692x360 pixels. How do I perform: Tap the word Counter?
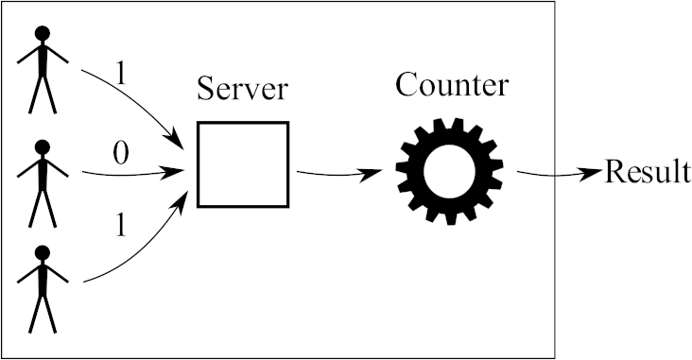tap(452, 85)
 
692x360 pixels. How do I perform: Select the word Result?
tap(647, 173)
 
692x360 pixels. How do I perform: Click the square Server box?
tap(242, 163)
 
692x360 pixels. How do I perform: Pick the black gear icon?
tap(449, 170)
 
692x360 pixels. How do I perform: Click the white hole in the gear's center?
tap(449, 171)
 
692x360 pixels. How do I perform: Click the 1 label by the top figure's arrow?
tap(119, 72)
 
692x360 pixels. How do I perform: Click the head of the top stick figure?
tap(43, 34)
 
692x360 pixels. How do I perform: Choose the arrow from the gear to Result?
tap(558, 175)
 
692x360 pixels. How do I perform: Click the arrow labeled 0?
tap(132, 173)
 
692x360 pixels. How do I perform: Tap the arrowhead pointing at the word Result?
tap(594, 173)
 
